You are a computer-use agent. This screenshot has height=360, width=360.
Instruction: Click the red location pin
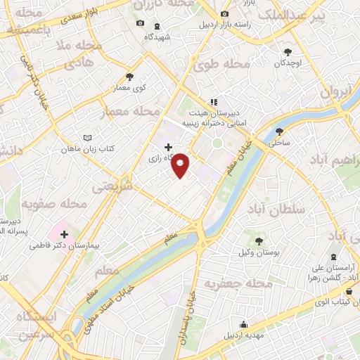click(181, 165)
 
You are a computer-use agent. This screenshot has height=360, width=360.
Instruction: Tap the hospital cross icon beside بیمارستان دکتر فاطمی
click(65, 234)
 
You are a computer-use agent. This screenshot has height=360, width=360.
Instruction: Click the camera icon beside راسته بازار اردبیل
click(224, 14)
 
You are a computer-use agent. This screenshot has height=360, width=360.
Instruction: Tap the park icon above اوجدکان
click(288, 51)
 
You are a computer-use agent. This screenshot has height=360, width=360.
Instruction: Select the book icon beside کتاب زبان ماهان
click(87, 138)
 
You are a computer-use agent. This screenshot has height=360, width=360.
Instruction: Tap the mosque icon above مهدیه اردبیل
click(243, 324)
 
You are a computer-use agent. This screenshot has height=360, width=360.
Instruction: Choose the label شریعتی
click(112, 186)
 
